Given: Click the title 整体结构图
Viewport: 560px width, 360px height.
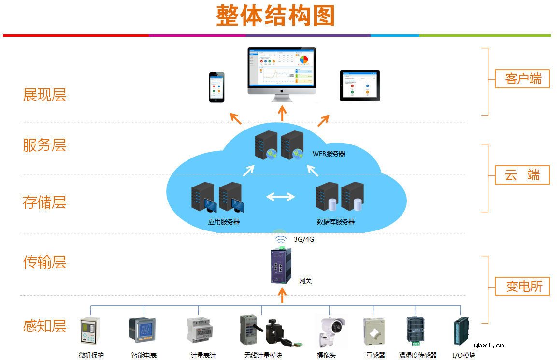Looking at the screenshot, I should pyautogui.click(x=275, y=16).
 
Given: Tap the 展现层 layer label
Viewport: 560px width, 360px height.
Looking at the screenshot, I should pyautogui.click(x=44, y=95).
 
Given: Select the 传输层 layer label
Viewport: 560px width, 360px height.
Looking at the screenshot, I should pyautogui.click(x=44, y=262).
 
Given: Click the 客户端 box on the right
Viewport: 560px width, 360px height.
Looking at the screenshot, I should pyautogui.click(x=523, y=79).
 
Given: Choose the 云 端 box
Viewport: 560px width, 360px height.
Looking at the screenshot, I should pyautogui.click(x=522, y=175).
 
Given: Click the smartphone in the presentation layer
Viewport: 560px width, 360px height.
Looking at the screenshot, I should pyautogui.click(x=217, y=87).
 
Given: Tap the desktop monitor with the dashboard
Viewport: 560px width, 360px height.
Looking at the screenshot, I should pyautogui.click(x=282, y=72).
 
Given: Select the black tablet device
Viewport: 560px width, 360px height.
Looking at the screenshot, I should pyautogui.click(x=359, y=86).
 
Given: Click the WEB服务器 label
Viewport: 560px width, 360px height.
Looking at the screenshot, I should pyautogui.click(x=329, y=154).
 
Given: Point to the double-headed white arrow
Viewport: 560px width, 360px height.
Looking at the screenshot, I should pyautogui.click(x=281, y=197).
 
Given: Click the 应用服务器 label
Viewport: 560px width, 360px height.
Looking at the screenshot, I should pyautogui.click(x=224, y=222).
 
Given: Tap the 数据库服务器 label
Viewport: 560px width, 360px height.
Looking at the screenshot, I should pyautogui.click(x=336, y=222).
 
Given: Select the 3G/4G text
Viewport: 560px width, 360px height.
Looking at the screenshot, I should pyautogui.click(x=304, y=239).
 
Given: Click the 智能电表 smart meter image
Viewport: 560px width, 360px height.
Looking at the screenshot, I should pyautogui.click(x=144, y=330).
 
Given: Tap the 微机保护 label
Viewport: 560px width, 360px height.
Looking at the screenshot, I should pyautogui.click(x=91, y=355).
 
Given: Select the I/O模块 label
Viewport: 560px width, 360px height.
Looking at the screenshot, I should pyautogui.click(x=464, y=355).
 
